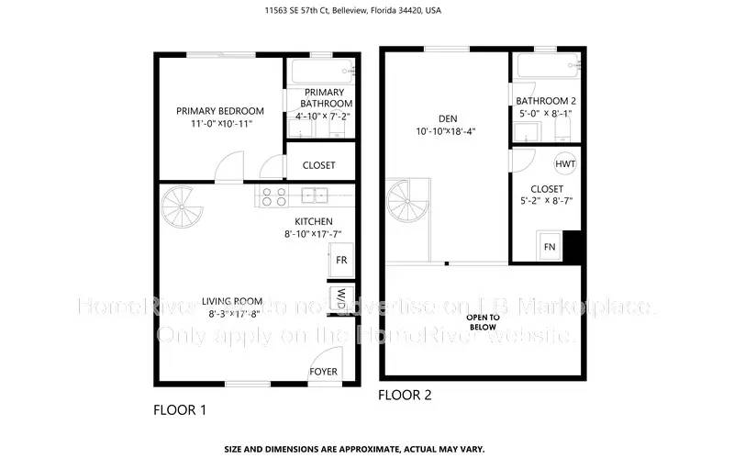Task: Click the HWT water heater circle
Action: click(565, 162)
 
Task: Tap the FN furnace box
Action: click(550, 246)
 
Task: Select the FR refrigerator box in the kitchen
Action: click(341, 260)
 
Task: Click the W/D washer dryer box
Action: click(340, 298)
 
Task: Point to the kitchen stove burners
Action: click(273, 195)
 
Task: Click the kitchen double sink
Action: click(315, 195)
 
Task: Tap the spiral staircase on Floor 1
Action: click(188, 213)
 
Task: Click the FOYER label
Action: click(323, 372)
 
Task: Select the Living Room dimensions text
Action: click(236, 314)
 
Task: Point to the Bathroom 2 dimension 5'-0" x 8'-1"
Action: click(545, 114)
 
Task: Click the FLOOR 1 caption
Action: click(180, 410)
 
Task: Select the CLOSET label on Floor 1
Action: click(318, 165)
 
